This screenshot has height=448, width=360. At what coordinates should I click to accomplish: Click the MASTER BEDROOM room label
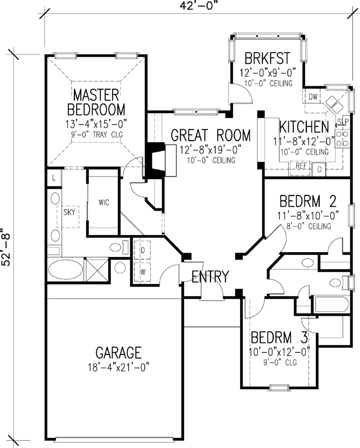point(96,101)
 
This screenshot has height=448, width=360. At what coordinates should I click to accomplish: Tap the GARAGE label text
point(118,353)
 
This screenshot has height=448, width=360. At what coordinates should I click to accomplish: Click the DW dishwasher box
point(313,97)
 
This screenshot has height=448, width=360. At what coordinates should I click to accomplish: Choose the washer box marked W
point(143,272)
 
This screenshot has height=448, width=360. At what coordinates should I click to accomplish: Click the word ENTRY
point(210,277)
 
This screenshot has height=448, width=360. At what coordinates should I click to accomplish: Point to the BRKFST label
point(267,58)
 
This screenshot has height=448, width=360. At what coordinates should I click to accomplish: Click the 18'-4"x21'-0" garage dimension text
point(118,369)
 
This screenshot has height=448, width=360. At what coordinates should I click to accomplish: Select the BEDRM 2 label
point(307,200)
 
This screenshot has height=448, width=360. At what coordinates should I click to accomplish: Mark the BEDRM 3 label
point(279,338)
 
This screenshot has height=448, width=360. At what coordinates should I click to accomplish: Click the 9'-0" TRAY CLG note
point(96,135)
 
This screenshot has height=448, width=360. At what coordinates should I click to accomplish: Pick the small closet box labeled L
point(53,178)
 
